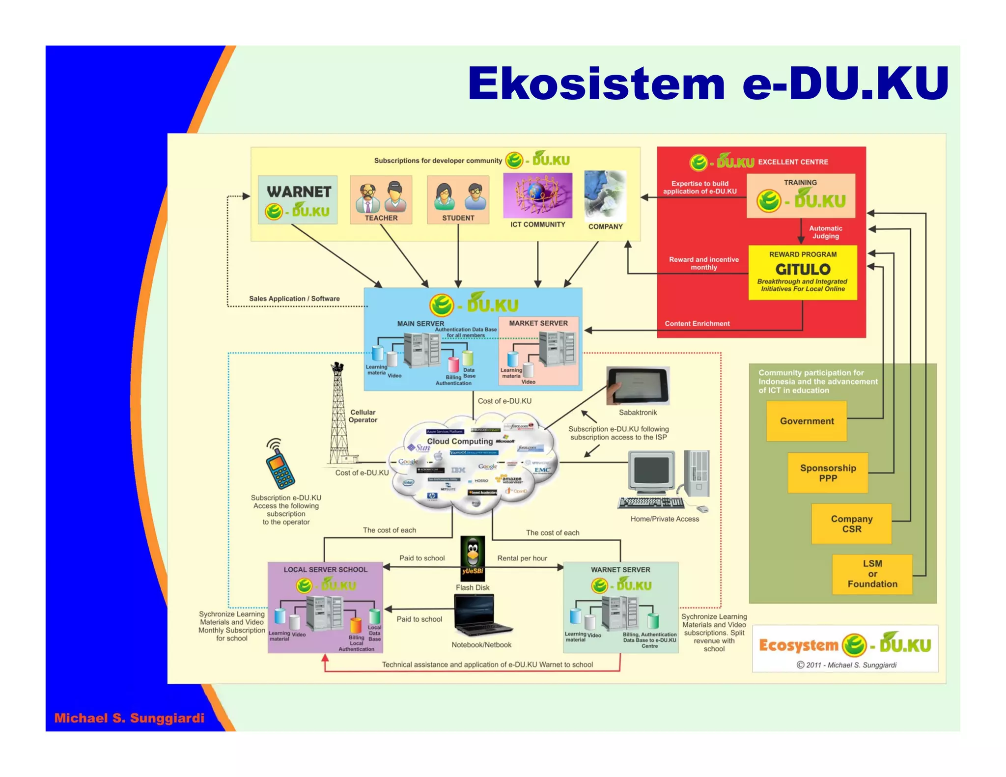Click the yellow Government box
(x=807, y=421)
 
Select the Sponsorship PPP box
(x=828, y=473)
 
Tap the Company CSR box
(x=851, y=524)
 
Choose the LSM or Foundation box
(x=872, y=574)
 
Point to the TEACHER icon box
(x=381, y=199)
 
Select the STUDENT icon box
(x=458, y=199)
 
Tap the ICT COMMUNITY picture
(x=537, y=195)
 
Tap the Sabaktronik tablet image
(x=638, y=386)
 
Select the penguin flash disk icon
(x=473, y=558)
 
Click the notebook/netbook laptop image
(x=481, y=615)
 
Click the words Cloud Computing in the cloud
(x=460, y=441)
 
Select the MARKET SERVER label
(x=538, y=323)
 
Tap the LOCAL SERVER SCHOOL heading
(x=325, y=570)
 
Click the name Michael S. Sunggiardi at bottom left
(x=129, y=718)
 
